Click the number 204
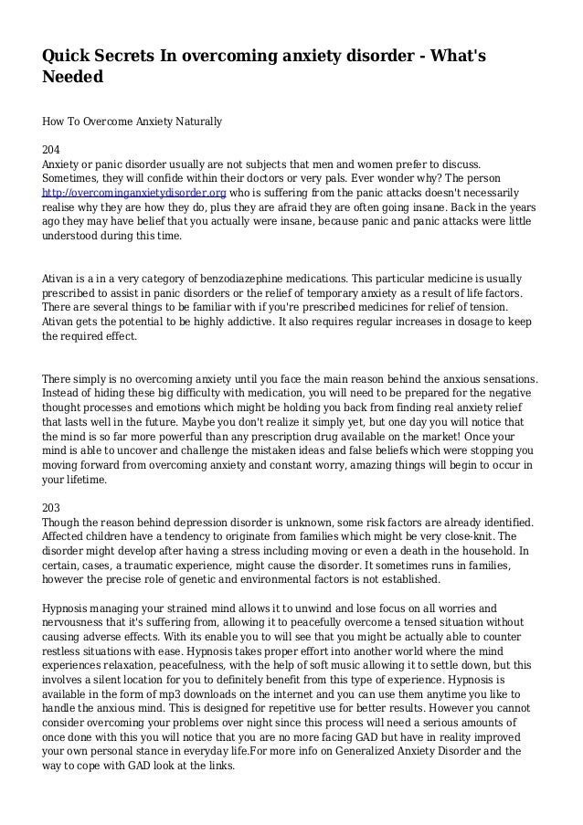click(52, 149)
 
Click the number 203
click(52, 508)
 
